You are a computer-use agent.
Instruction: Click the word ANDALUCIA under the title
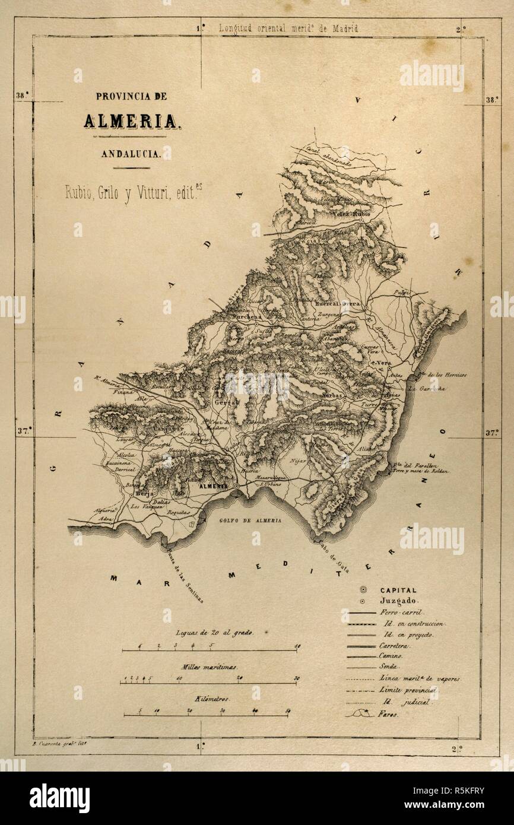coord(131,153)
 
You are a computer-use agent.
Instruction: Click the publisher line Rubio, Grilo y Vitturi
coord(136,192)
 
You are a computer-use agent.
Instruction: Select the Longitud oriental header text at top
coord(289,28)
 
